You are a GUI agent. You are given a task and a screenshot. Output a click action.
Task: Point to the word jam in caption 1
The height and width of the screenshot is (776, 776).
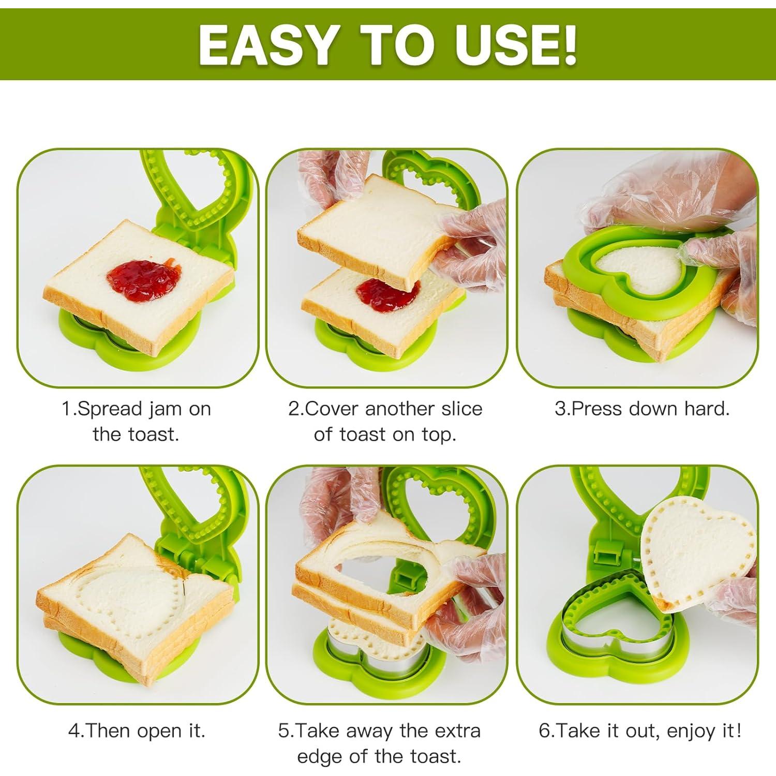pos(165,409)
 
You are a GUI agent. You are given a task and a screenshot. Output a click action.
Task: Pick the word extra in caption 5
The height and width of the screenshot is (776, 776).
pos(456,731)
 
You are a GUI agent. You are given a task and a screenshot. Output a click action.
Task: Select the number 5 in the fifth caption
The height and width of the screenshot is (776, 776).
pos(283,732)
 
